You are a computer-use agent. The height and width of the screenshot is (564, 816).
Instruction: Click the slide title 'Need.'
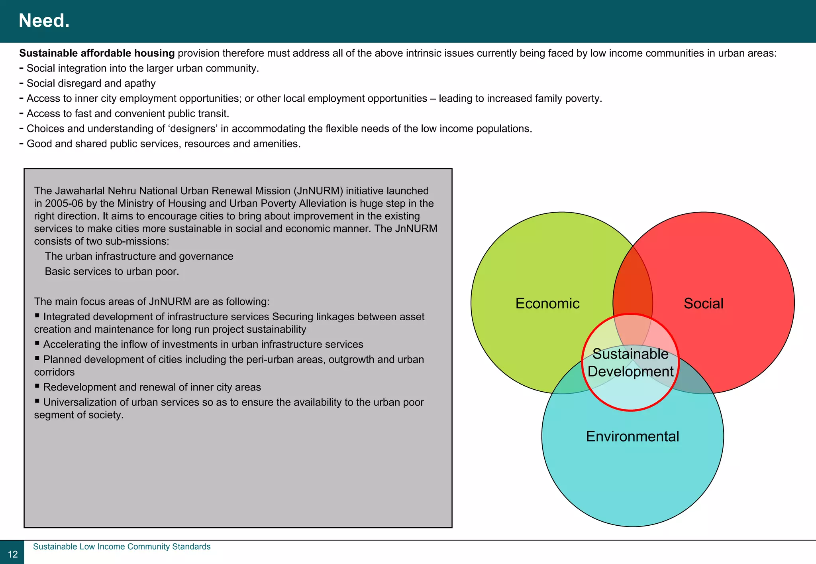44,21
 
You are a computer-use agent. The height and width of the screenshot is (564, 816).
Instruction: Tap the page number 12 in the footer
13,554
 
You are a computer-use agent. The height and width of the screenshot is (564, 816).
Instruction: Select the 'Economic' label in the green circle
547,304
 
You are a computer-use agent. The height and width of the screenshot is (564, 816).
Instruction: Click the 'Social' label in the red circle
703,304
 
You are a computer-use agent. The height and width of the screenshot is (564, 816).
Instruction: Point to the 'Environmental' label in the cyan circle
632,436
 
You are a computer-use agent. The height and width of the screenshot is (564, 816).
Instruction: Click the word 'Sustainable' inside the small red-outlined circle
630,354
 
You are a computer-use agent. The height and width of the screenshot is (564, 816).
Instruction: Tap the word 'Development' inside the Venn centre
630,372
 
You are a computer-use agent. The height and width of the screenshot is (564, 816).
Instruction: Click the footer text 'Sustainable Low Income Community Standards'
122,546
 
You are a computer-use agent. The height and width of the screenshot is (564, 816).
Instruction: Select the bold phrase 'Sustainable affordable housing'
97,53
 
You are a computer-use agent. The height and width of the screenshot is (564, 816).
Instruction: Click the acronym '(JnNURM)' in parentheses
318,191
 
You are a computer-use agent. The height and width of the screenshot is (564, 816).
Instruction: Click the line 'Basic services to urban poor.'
112,271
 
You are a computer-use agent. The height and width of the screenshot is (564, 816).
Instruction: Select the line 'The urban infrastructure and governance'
139,256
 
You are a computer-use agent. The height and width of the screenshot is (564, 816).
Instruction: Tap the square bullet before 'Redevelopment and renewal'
37,386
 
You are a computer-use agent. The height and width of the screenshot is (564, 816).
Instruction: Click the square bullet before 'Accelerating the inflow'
37,343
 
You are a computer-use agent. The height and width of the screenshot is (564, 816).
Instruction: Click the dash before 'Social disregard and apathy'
22,83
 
